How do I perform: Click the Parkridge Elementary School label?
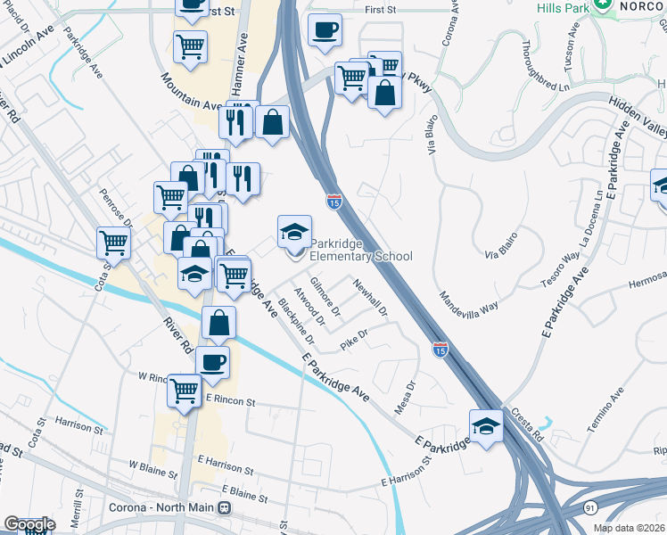click(x=361, y=256)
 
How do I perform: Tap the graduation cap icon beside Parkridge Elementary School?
click(x=295, y=233)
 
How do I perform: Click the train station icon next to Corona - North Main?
click(x=225, y=508)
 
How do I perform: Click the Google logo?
click(x=29, y=524)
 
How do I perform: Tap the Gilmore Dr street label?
click(x=325, y=298)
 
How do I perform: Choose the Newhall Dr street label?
click(x=371, y=298)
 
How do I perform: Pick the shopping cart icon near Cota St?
click(x=114, y=241)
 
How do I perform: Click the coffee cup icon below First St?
click(x=324, y=29)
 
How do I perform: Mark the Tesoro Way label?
click(x=559, y=268)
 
